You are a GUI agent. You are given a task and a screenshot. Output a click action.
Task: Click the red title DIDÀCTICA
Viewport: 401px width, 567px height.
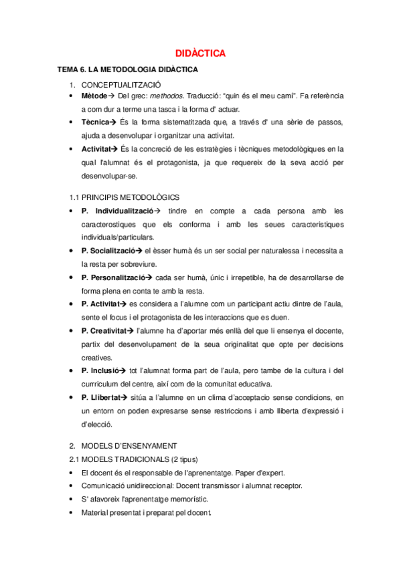[200, 53]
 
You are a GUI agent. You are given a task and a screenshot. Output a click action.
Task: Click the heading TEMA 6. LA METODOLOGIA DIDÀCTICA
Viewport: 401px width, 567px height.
[127, 70]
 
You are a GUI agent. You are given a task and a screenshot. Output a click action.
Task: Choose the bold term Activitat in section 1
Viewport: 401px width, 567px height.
[96, 149]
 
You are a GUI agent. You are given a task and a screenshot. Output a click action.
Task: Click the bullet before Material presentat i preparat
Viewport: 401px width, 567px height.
[72, 512]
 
